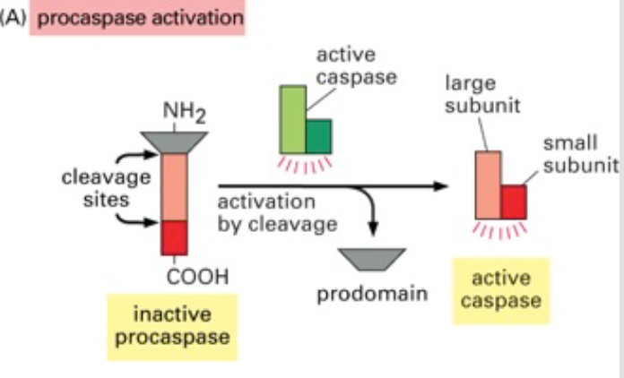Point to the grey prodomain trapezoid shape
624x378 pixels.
click(x=372, y=260)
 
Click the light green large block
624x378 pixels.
click(x=293, y=118)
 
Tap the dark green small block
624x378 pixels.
click(x=319, y=135)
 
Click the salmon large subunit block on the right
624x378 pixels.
click(x=487, y=184)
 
